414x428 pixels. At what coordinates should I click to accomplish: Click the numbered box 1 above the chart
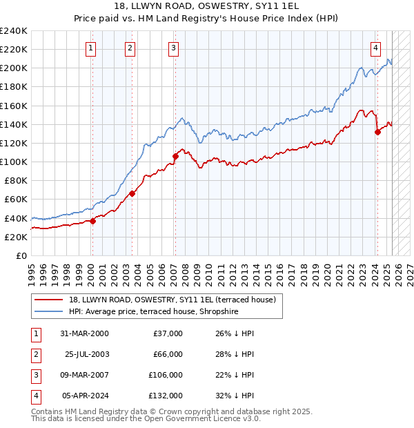click(91, 48)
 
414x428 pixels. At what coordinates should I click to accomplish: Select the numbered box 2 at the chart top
click(130, 48)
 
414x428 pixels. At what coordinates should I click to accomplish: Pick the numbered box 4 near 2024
click(375, 48)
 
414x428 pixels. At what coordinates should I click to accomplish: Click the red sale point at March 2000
click(92, 221)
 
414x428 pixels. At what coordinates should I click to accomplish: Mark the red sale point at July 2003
click(132, 193)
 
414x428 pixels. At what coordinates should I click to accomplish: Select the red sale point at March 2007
click(175, 156)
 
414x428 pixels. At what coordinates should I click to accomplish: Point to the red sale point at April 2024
click(377, 132)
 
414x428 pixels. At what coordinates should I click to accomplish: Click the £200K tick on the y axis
click(14, 68)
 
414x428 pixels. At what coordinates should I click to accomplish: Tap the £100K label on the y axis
click(14, 162)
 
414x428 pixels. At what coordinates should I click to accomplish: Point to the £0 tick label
click(21, 255)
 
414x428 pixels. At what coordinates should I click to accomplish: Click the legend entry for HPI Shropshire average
click(153, 311)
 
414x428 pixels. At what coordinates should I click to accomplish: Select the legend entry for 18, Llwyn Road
click(172, 300)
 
